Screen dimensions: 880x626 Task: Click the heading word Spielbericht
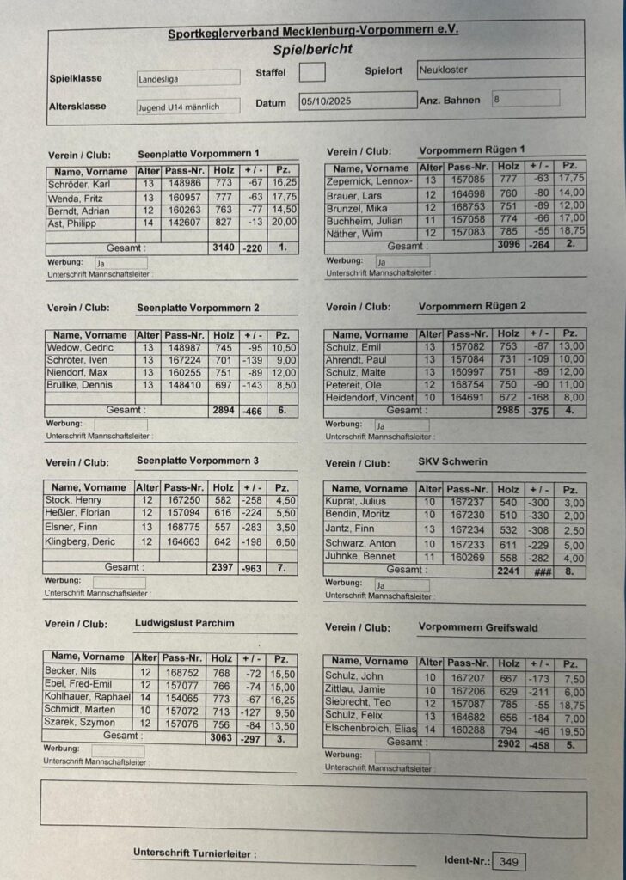(313, 51)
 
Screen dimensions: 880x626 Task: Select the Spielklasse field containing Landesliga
(188, 79)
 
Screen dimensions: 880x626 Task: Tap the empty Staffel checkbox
(312, 72)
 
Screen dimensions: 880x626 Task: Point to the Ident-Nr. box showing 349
(508, 861)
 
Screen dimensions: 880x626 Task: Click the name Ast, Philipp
(71, 223)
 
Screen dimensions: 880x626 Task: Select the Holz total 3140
(224, 247)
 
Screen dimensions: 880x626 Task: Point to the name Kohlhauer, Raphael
(87, 697)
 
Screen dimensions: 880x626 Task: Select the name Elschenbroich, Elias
(370, 729)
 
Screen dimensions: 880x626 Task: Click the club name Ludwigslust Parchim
(184, 623)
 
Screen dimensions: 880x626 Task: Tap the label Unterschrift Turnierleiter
(193, 853)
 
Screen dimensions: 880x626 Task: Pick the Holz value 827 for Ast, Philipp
(224, 223)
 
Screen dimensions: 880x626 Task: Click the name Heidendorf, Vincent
(370, 398)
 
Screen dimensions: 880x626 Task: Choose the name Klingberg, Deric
(80, 541)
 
